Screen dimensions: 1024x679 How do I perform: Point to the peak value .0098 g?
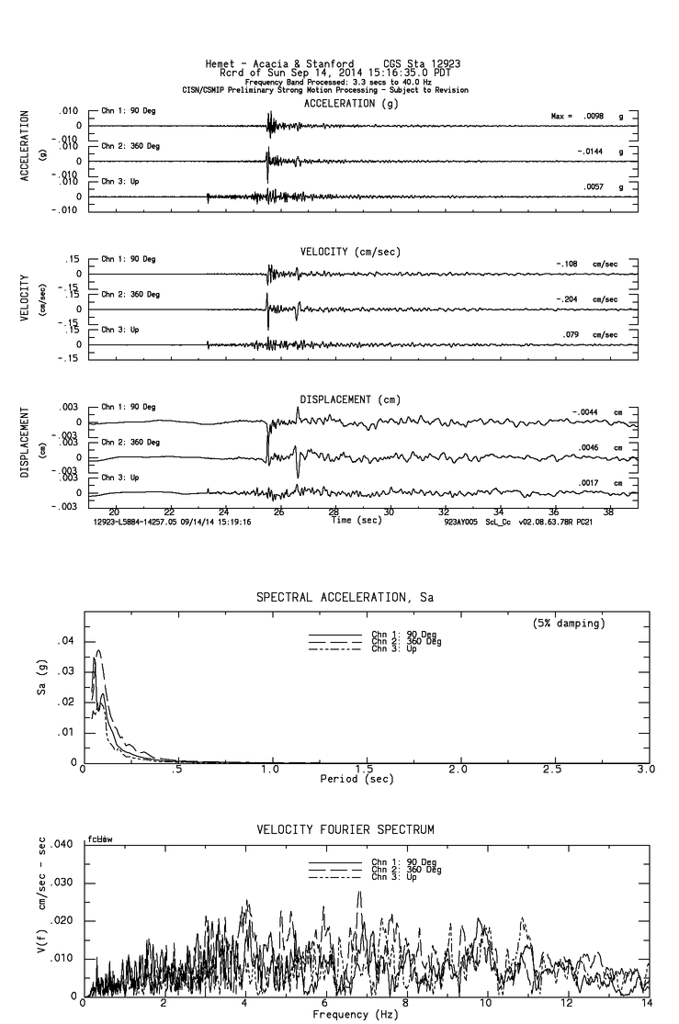593,117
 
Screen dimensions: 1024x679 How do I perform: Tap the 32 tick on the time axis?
444,512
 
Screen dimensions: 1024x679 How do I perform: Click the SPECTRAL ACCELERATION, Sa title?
345,598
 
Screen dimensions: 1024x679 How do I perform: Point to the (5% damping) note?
568,624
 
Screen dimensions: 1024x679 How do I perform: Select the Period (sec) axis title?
358,779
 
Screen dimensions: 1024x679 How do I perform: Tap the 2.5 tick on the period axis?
553,769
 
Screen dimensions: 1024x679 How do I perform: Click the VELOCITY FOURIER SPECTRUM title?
345,830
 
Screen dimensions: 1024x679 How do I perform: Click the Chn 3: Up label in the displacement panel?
119,478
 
